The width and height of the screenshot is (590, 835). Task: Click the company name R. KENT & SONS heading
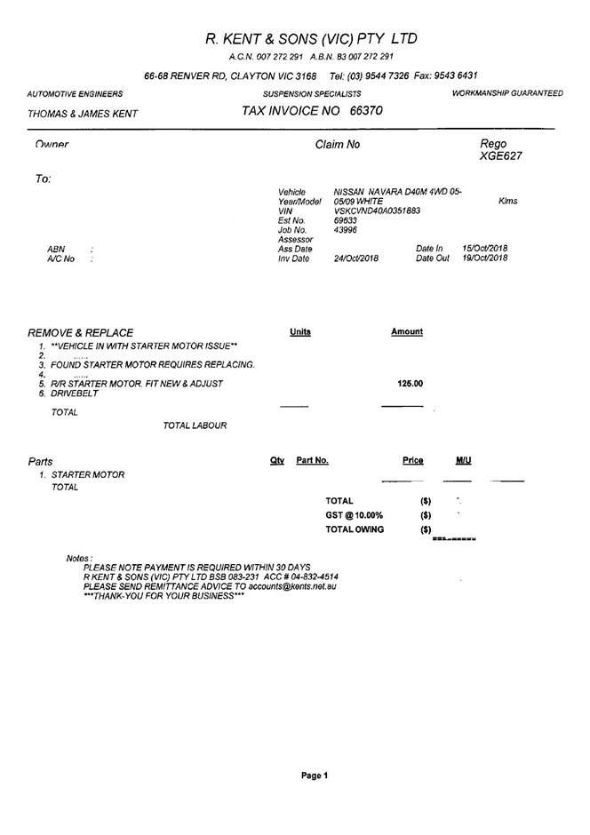coord(310,39)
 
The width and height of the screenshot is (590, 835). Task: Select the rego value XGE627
coord(500,156)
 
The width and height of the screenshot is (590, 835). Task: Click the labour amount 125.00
coord(410,384)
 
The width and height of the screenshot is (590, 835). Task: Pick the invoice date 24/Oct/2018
coord(355,258)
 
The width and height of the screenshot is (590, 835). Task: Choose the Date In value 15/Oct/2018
coord(485,249)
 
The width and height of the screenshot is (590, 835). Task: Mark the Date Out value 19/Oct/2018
coord(485,258)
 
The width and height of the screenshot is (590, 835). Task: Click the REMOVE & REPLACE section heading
coord(81,332)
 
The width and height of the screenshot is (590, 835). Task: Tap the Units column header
coord(300,332)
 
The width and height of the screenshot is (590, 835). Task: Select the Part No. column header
coord(312,461)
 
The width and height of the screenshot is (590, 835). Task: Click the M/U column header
coord(463,461)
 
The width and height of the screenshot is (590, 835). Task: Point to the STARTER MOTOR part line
coord(88,475)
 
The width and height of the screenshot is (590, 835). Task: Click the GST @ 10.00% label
coord(355,515)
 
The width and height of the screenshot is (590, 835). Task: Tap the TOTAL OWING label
coord(355,529)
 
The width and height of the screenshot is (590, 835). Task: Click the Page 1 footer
coord(315,775)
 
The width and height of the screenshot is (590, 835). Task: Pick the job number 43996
coord(345,230)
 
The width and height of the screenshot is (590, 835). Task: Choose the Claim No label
coord(338,144)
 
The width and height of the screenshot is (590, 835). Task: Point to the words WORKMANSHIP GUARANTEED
coord(507,93)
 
